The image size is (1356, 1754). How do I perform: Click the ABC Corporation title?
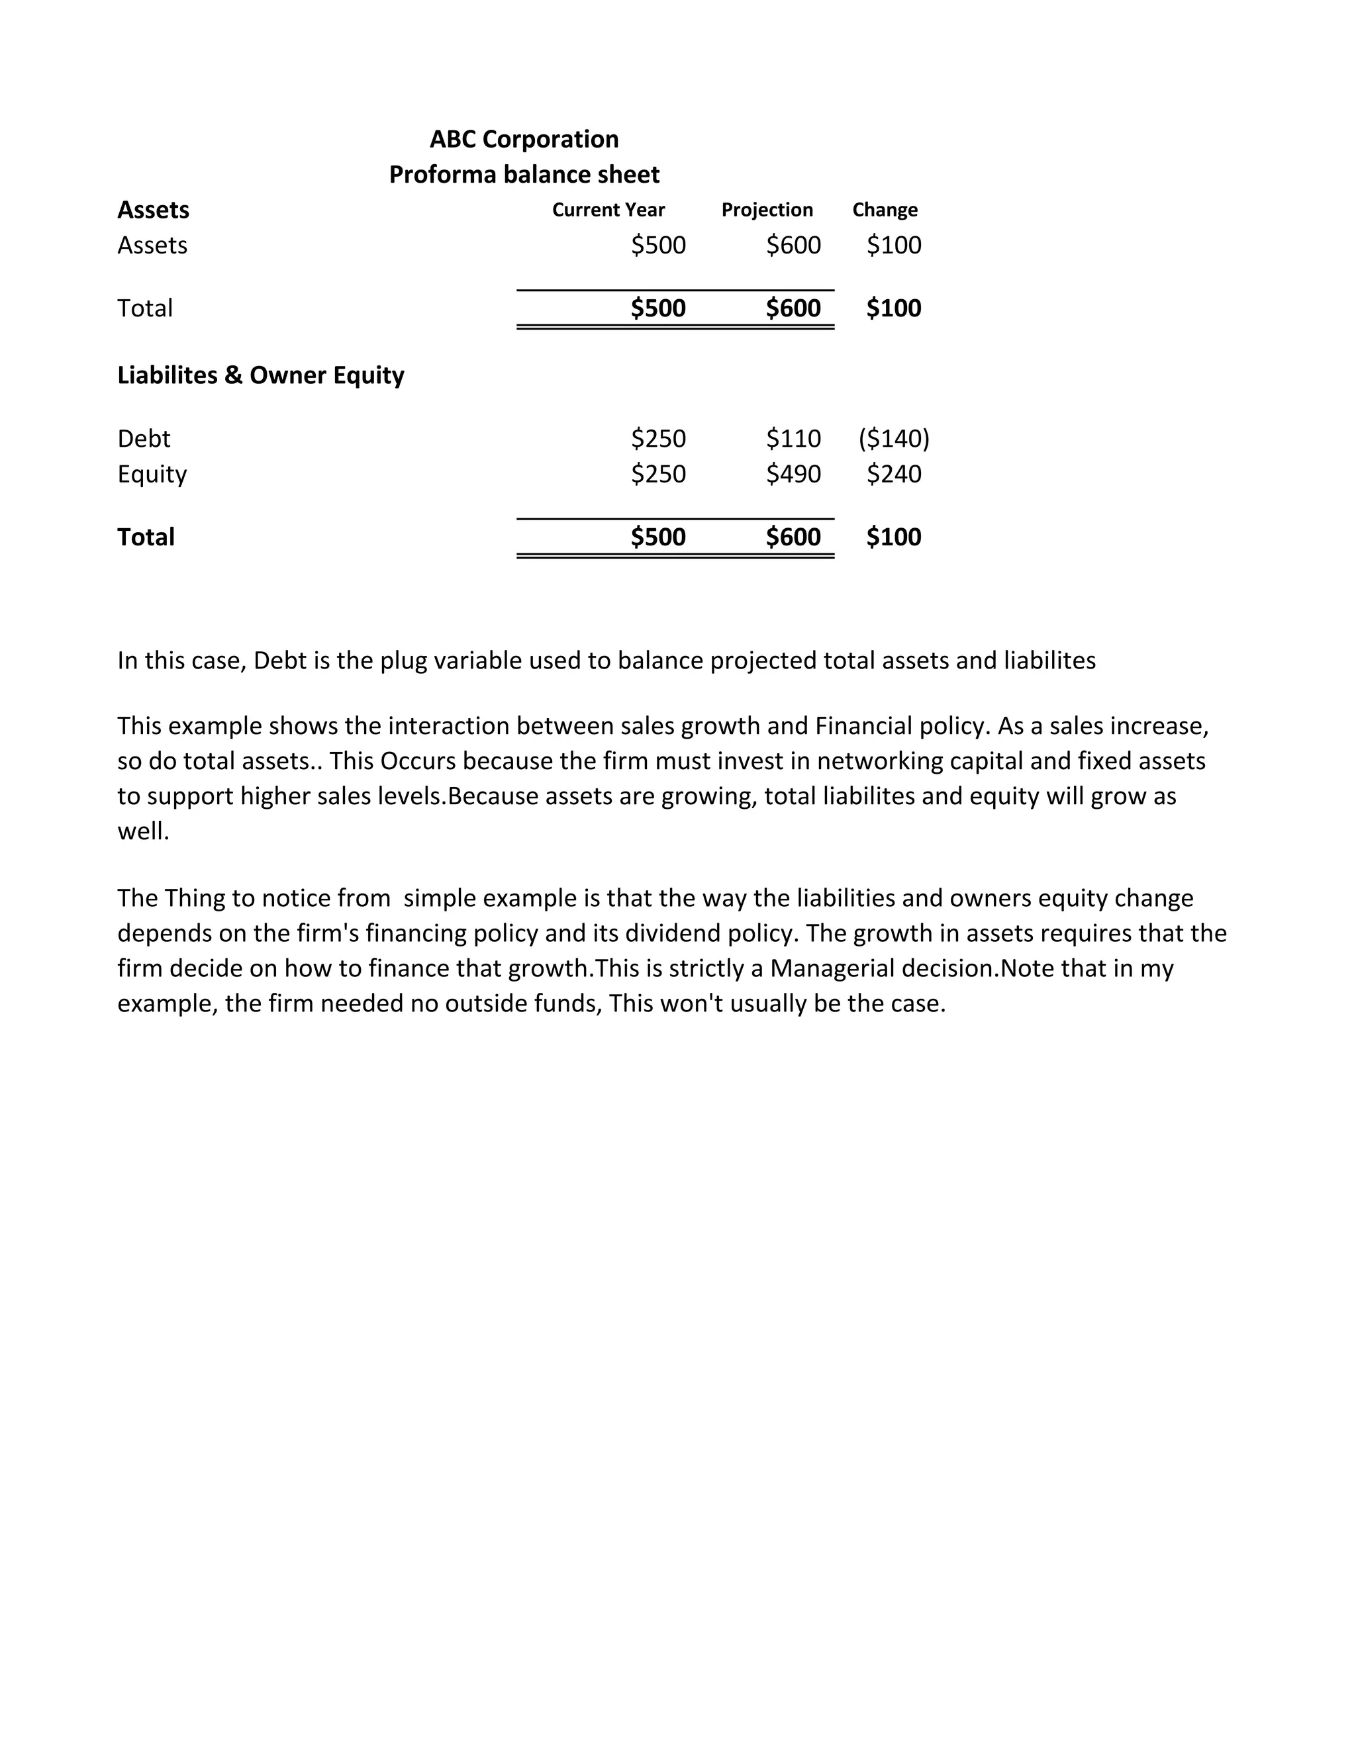click(x=524, y=139)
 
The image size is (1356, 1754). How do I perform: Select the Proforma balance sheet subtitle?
click(x=524, y=174)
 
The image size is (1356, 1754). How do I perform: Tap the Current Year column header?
click(x=608, y=210)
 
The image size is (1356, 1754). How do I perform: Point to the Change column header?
click(x=885, y=210)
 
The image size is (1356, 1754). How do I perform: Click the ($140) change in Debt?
click(x=893, y=438)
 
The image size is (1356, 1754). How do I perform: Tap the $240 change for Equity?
click(x=893, y=474)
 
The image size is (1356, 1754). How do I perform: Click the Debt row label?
click(x=144, y=438)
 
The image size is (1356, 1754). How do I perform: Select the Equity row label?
click(x=152, y=474)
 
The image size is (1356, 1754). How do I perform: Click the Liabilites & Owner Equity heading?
click(x=260, y=375)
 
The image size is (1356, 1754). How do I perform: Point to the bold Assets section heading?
click(x=153, y=210)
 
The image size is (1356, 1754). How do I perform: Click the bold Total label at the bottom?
click(x=146, y=537)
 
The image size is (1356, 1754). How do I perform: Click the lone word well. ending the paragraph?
click(x=143, y=831)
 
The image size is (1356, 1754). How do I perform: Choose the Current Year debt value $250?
click(x=658, y=438)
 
